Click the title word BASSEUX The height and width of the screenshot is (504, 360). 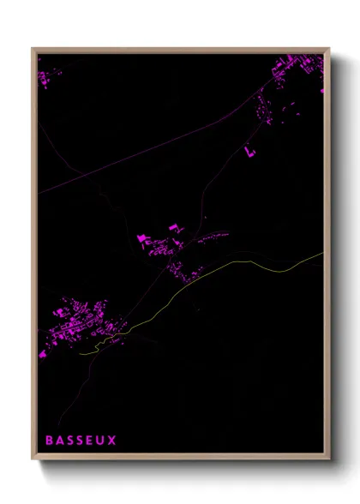tap(81, 441)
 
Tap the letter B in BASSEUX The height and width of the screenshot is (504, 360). tap(50, 441)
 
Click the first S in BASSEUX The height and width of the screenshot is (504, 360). tap(70, 441)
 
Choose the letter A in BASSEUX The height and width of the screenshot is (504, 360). tap(60, 441)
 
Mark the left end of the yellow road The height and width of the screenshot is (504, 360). tap(80, 351)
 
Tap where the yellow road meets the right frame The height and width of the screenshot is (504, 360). tap(322, 253)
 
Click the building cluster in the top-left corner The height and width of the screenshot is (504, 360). tap(47, 79)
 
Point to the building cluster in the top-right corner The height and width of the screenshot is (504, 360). tap(300, 73)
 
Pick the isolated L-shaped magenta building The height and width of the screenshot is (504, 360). tap(250, 153)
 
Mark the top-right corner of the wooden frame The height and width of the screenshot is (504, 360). tap(328, 49)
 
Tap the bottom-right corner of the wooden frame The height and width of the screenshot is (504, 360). tap(328, 459)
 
